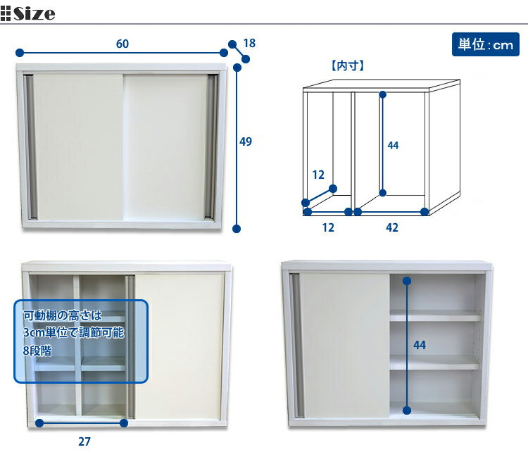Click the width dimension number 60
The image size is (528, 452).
point(122,44)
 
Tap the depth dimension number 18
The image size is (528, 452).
point(249,44)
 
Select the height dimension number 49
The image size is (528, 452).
point(246,142)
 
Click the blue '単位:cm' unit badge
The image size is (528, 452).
point(485,44)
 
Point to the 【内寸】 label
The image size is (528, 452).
point(346,67)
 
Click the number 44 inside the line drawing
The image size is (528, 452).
point(394,146)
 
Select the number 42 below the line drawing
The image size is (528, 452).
point(392,227)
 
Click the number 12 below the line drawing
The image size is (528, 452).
point(328,227)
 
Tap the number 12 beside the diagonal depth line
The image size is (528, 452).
point(318,175)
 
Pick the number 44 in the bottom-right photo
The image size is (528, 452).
point(420,345)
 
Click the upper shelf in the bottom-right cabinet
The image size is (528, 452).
point(434,316)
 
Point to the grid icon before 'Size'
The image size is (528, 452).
point(6,13)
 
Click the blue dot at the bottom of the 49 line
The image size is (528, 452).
point(237,228)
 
